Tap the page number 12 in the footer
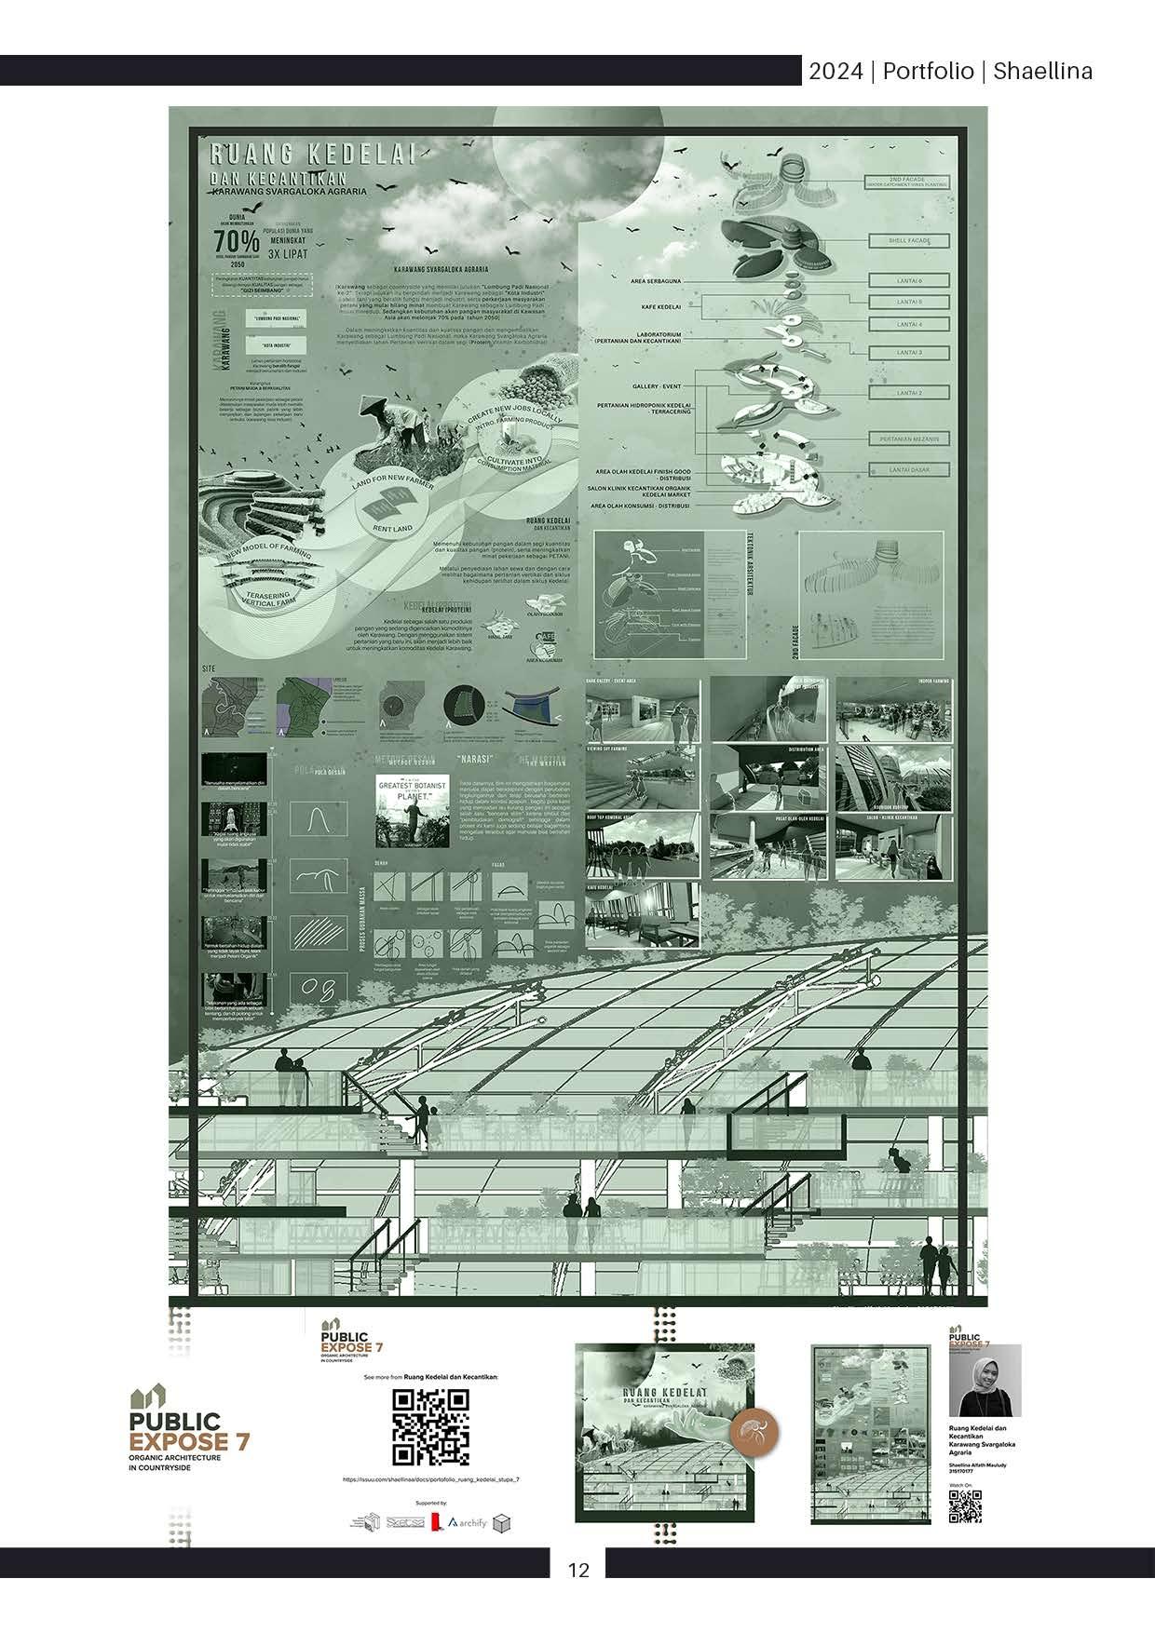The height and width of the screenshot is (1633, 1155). click(x=578, y=1570)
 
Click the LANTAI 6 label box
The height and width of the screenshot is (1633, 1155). click(x=909, y=280)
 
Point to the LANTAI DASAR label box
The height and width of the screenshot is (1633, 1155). click(x=909, y=470)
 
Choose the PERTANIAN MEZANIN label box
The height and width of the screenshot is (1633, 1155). click(x=909, y=439)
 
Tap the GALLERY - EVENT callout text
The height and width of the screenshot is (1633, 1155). click(x=657, y=385)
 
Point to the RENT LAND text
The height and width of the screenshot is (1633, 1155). click(x=392, y=529)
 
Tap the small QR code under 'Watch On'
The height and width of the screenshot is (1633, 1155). click(x=965, y=1506)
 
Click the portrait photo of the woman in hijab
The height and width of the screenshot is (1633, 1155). click(x=985, y=1381)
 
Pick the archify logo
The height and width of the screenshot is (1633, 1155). click(x=468, y=1522)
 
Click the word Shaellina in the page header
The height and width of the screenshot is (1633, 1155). click(x=1042, y=72)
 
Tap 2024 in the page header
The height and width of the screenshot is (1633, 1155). click(x=836, y=72)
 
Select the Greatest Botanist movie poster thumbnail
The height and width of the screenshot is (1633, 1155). click(x=412, y=810)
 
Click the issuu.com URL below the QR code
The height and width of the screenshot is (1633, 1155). click(x=430, y=1478)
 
